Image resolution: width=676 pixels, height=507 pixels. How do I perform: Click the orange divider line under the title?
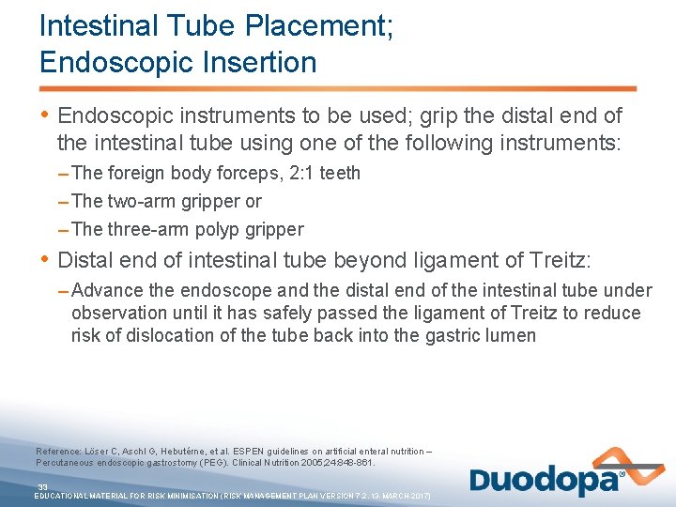(x=338, y=89)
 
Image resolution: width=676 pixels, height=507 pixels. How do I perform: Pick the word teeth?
(x=336, y=173)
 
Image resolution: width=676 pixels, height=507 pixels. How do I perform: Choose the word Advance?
(x=104, y=290)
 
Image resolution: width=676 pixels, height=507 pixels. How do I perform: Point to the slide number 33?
(x=42, y=486)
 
